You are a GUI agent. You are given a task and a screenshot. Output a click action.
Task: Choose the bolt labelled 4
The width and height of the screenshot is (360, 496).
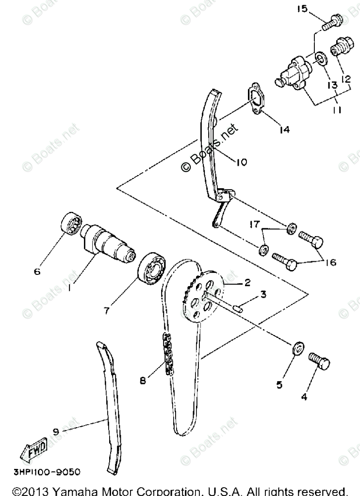click(319, 361)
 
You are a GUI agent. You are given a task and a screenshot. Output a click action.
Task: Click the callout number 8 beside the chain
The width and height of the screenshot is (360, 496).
click(143, 381)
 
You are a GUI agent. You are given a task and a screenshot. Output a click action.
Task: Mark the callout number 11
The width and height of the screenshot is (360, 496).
click(336, 111)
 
